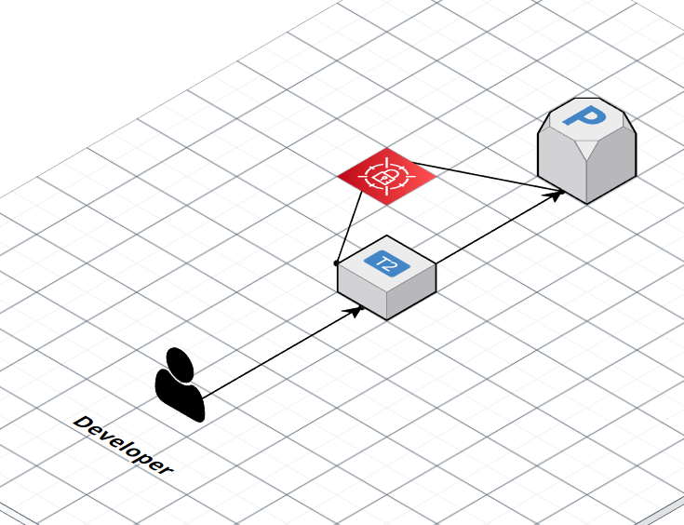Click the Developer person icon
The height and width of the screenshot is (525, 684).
pyautogui.click(x=179, y=384)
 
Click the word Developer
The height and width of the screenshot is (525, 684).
pyautogui.click(x=123, y=445)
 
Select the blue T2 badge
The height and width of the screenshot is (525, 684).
pyautogui.click(x=386, y=264)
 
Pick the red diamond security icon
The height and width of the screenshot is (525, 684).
pyautogui.click(x=386, y=173)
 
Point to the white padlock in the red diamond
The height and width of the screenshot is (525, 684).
pyautogui.click(x=386, y=174)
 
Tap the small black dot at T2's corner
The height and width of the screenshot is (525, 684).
pyautogui.click(x=337, y=263)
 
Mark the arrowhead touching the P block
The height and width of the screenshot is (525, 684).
pyautogui.click(x=556, y=195)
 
